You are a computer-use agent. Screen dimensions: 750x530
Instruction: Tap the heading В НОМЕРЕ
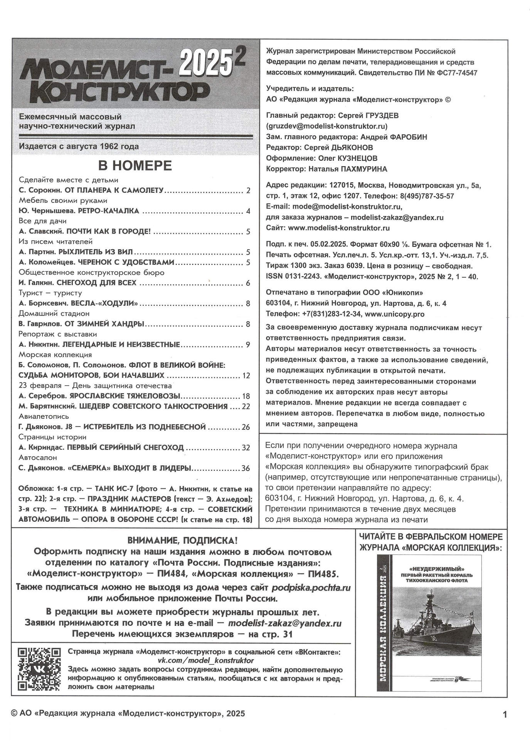pyautogui.click(x=135, y=165)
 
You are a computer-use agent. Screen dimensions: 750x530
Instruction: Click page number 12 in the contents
pyautogui.click(x=246, y=376)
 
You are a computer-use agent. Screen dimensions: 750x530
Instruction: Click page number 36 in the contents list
pyautogui.click(x=246, y=469)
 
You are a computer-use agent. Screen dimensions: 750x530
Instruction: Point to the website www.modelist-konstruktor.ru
pyautogui.click(x=339, y=228)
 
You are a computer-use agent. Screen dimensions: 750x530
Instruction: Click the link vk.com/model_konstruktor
pyautogui.click(x=203, y=660)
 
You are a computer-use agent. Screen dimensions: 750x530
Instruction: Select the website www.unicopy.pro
pyautogui.click(x=395, y=314)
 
